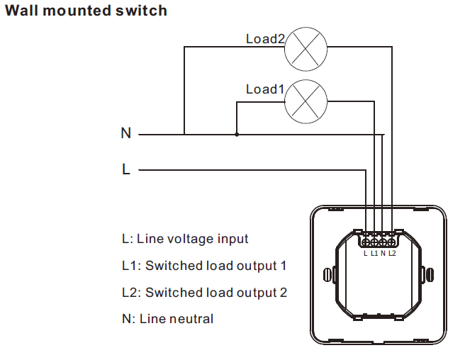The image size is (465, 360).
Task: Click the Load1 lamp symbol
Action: [x=306, y=101]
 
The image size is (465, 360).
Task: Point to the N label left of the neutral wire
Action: [x=126, y=133]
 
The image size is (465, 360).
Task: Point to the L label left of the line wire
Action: [x=126, y=170]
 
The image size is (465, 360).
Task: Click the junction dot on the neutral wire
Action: [x=237, y=133]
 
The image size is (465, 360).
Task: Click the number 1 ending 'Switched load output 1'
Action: [x=284, y=266]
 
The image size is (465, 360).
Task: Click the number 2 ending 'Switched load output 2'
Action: [x=284, y=292]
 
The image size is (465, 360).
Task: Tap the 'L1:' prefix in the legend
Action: [x=132, y=266]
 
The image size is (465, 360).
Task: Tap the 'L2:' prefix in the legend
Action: [x=132, y=292]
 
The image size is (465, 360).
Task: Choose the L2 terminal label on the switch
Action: [x=392, y=253]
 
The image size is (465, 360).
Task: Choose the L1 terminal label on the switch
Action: [x=374, y=253]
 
